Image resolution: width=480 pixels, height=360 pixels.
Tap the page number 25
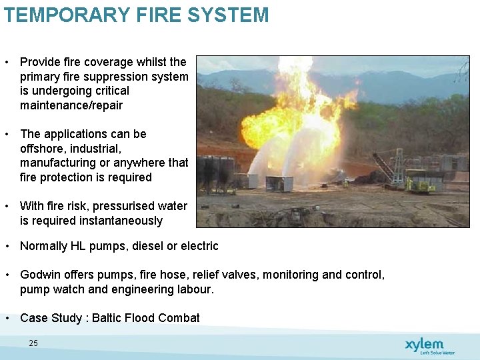pyautogui.click(x=33, y=343)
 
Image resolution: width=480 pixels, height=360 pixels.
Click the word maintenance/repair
pyautogui.click(x=71, y=105)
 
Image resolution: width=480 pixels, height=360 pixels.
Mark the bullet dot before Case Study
pyautogui.click(x=7, y=318)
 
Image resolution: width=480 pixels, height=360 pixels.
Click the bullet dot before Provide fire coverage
pyautogui.click(x=7, y=62)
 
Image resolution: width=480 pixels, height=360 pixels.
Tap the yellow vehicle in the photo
pyautogui.click(x=421, y=183)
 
